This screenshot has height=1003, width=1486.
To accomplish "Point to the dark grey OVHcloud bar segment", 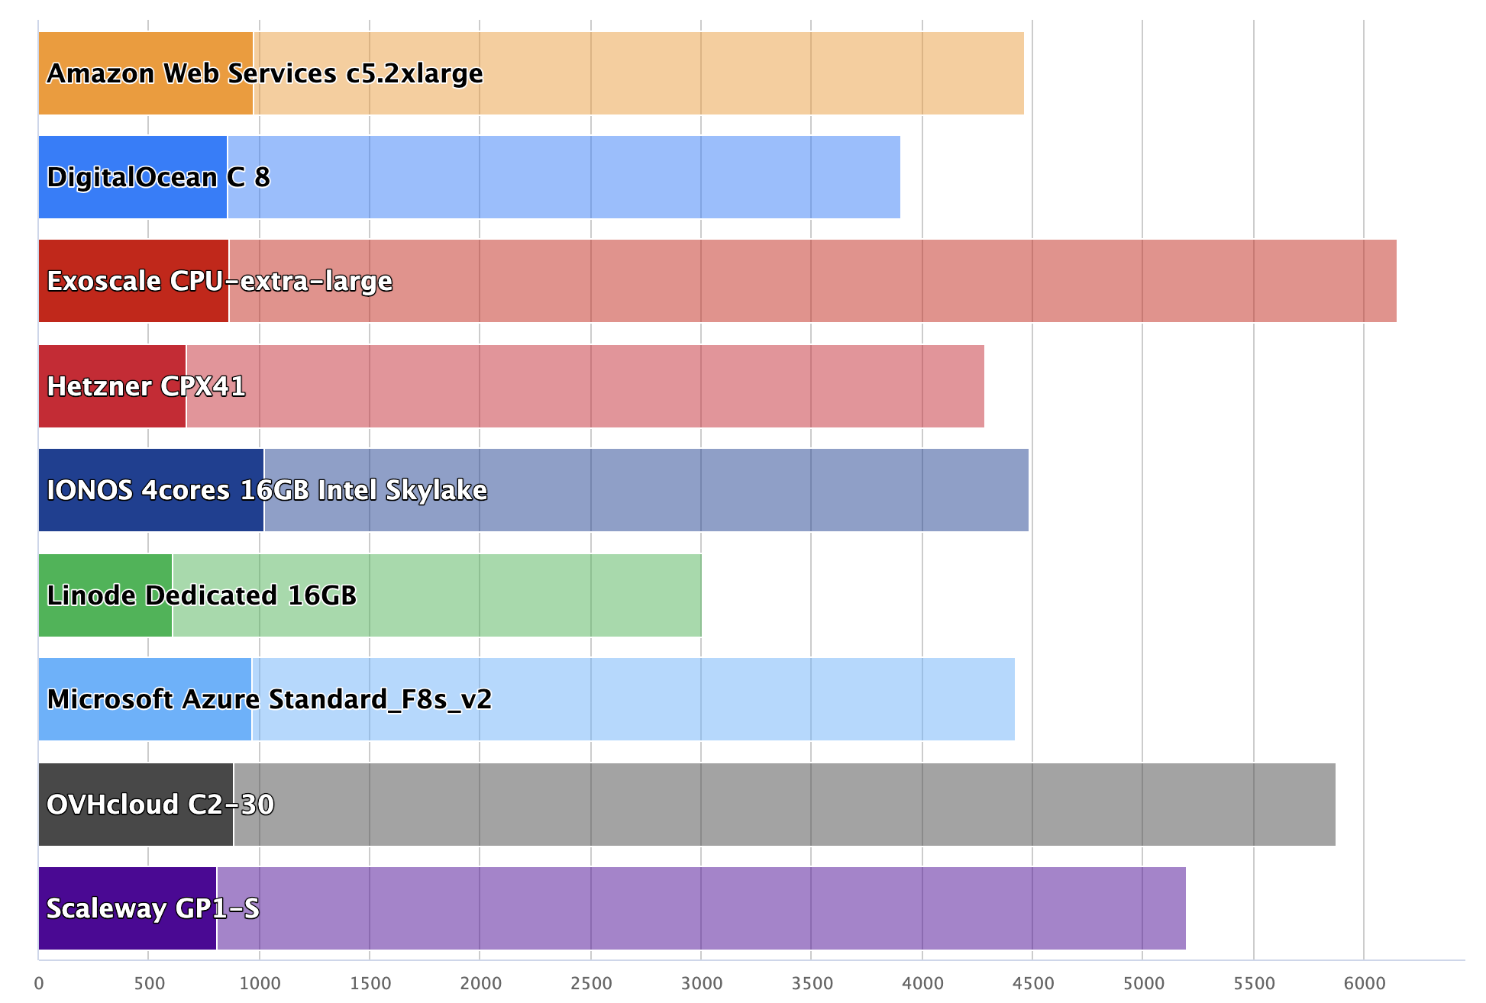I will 135,832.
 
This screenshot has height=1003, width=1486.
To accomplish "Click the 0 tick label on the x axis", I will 39,983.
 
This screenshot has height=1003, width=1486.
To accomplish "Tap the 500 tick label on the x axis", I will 149,983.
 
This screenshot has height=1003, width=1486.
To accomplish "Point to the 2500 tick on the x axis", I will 591,983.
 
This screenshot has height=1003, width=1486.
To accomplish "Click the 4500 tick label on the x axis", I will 1033,983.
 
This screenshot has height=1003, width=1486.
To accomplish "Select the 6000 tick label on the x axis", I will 1365,983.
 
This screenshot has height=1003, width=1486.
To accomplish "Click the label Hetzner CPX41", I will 146,386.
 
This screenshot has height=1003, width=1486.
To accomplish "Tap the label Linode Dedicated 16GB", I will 202,595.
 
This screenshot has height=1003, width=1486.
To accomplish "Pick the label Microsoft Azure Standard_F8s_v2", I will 269,699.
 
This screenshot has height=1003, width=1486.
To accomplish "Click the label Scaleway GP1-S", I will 153,908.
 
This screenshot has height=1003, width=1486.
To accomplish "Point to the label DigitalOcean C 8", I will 158,177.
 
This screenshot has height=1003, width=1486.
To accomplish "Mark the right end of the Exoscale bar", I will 1396,281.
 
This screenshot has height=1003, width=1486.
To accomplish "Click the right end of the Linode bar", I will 701,595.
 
